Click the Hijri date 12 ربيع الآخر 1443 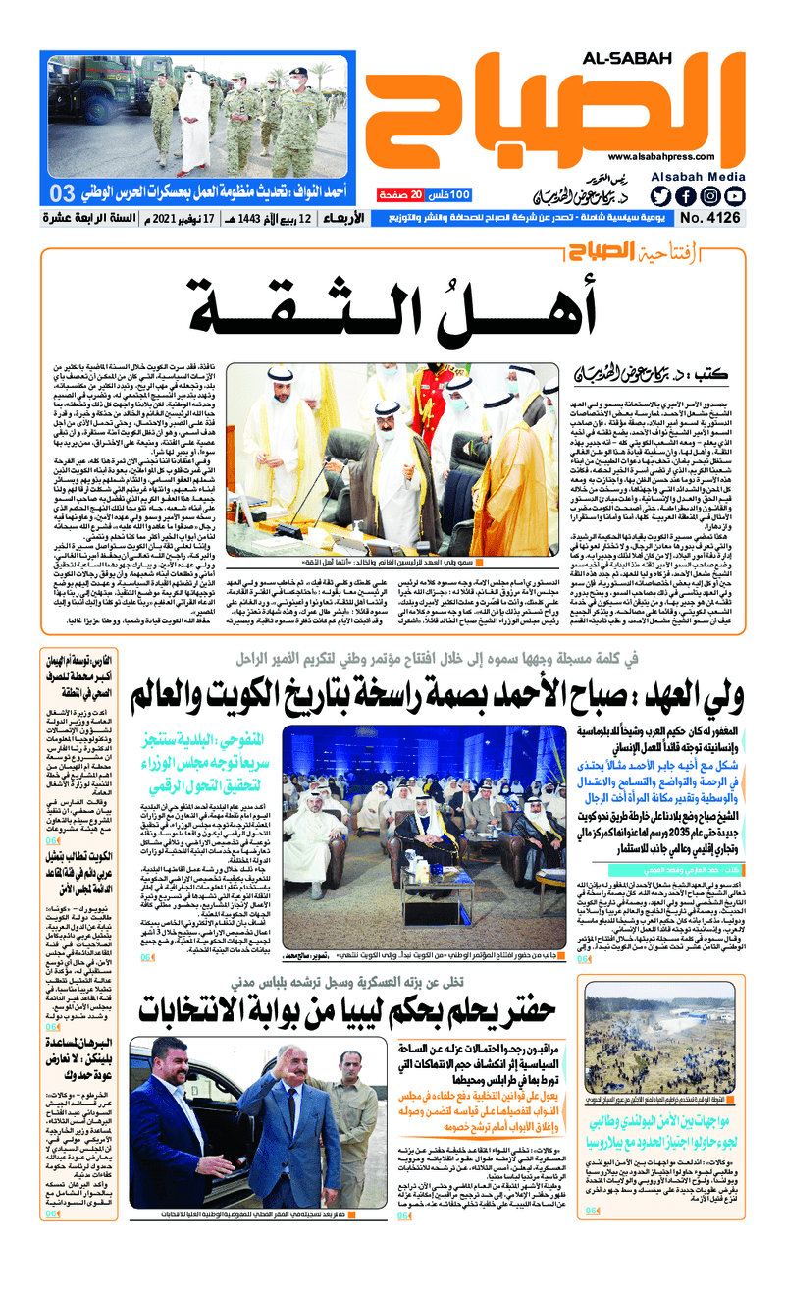click(x=288, y=218)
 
